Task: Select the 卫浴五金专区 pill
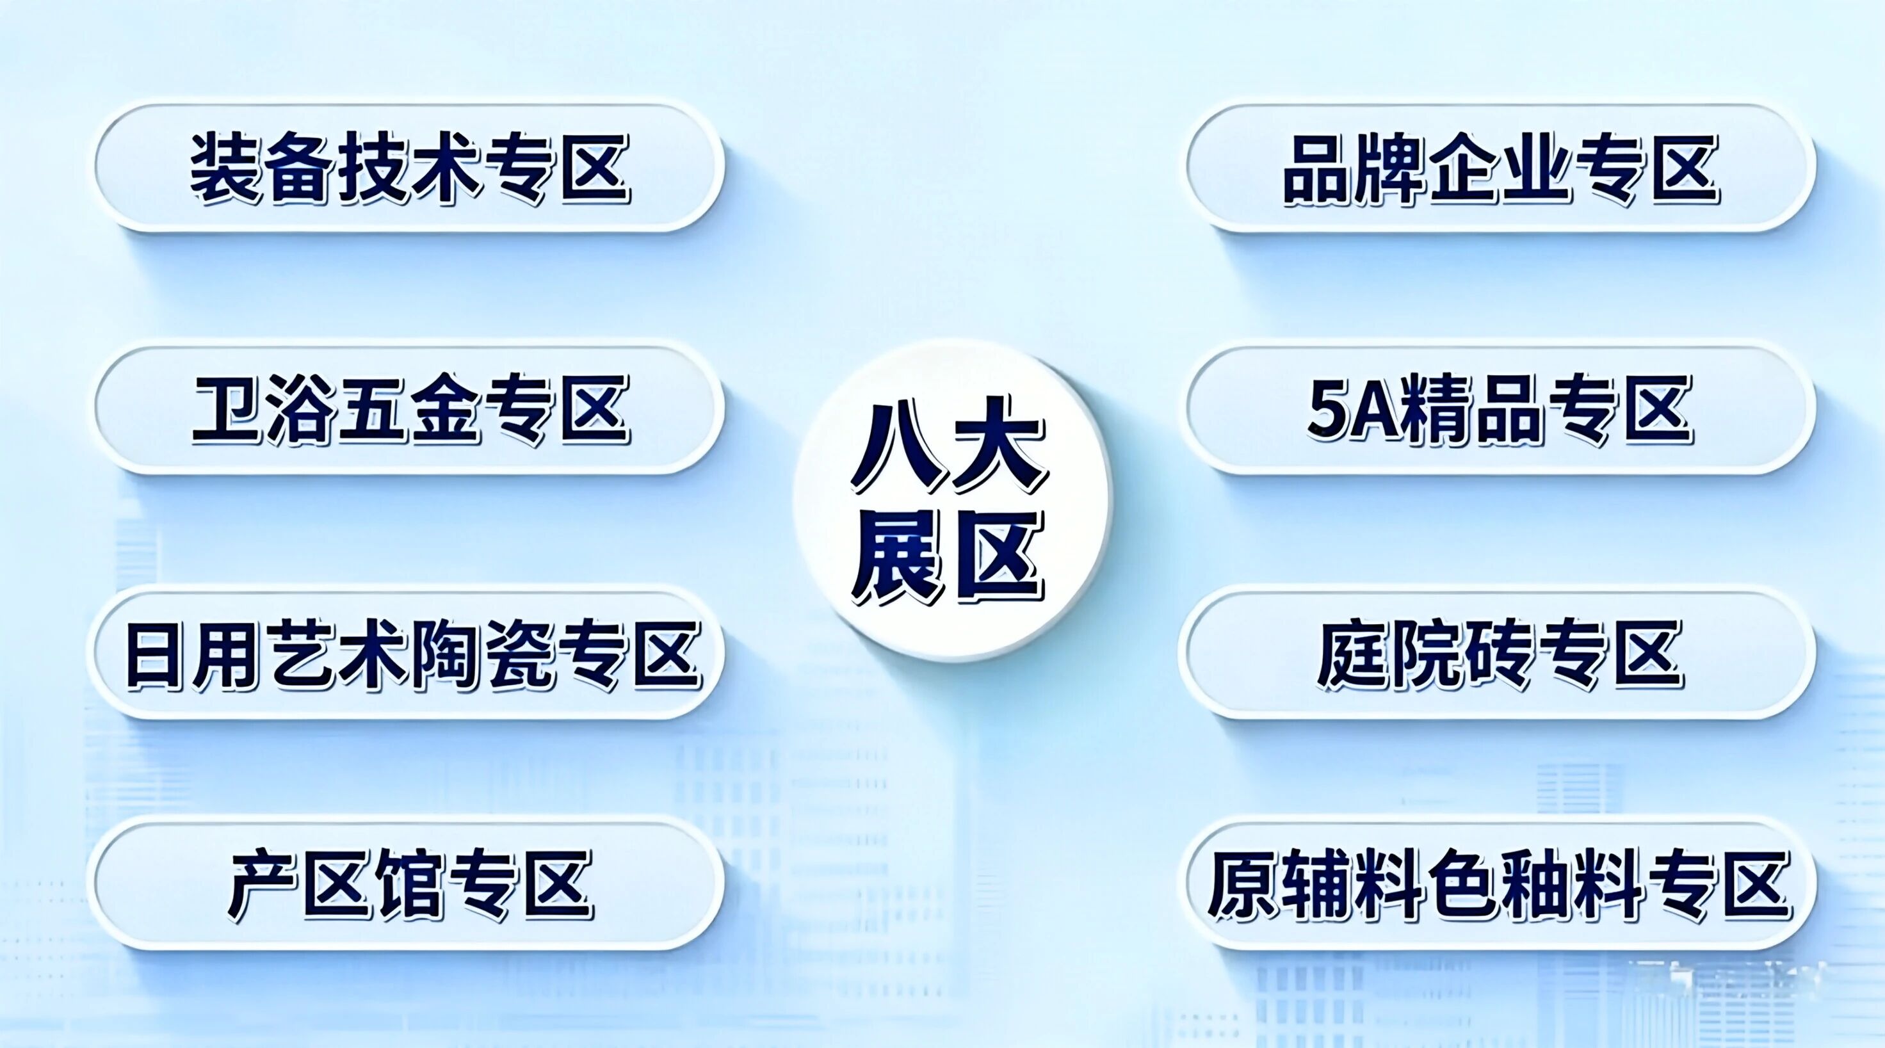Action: tap(409, 409)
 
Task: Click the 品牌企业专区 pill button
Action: tap(1500, 168)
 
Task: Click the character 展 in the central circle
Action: tap(896, 558)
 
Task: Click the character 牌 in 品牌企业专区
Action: tap(1393, 169)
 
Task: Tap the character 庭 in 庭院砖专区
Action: tap(1354, 654)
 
